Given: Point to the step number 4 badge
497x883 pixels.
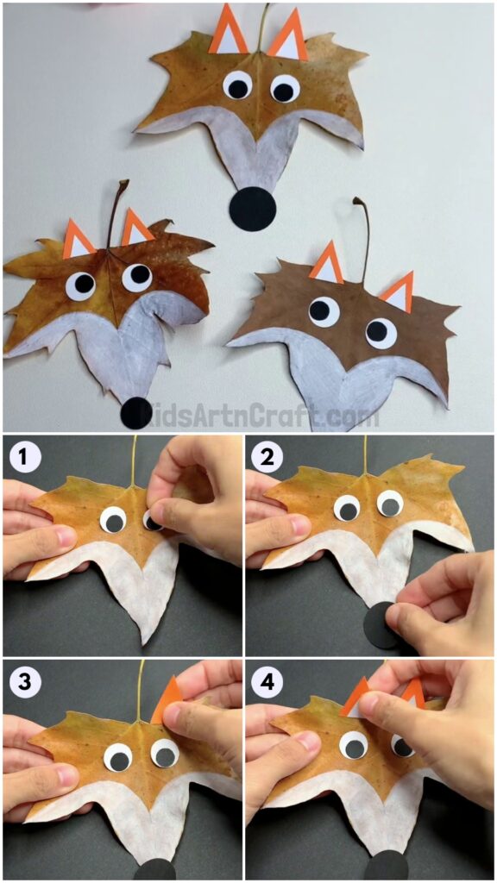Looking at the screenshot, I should point(267,681).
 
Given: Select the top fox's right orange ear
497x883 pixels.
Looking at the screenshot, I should point(288,35).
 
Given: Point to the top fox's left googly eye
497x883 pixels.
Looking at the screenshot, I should point(237,85).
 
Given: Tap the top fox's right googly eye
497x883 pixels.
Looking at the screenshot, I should point(285,88).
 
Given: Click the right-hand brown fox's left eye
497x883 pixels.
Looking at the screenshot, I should point(324,310).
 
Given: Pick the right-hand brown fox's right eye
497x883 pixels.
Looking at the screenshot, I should point(381,331).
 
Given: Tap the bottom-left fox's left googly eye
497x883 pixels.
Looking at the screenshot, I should point(82,285).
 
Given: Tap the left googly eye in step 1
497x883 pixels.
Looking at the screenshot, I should point(113,520).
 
